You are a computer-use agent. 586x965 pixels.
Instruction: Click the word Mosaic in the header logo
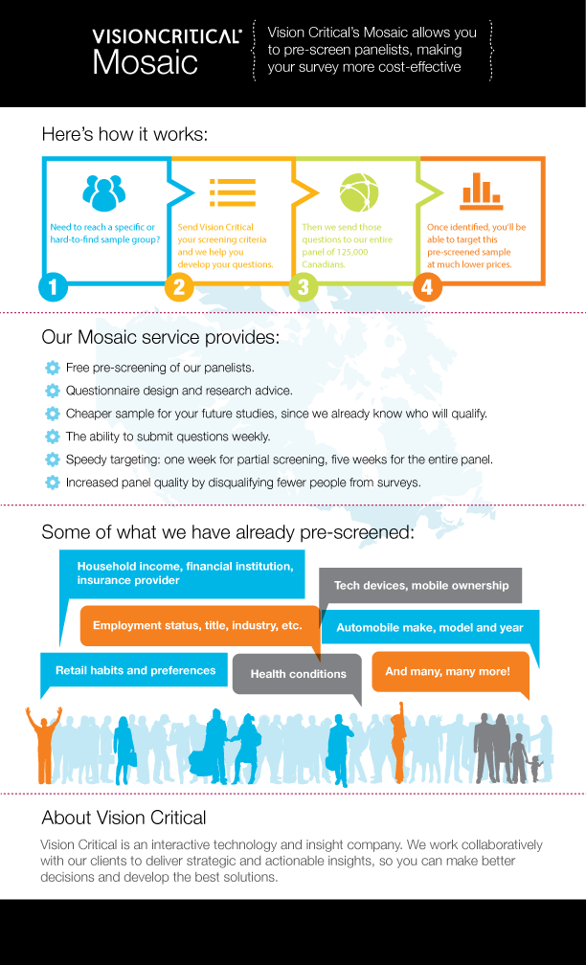(146, 63)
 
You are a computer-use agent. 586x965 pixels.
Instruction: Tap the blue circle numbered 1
(54, 287)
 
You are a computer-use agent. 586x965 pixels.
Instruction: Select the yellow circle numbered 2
(179, 287)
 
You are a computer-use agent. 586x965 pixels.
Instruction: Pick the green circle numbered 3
(303, 287)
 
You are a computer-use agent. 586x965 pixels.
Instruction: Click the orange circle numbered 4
(427, 287)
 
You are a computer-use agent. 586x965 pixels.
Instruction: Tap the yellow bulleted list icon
(231, 192)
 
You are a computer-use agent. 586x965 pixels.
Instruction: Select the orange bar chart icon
(482, 191)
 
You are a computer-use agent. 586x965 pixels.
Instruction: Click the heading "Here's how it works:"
(124, 135)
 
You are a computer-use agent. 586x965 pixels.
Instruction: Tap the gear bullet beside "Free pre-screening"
(52, 368)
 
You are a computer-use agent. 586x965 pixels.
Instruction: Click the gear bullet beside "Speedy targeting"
(52, 460)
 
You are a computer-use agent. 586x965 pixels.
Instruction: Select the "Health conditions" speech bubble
(298, 674)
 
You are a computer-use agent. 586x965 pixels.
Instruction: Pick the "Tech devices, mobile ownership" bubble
(420, 585)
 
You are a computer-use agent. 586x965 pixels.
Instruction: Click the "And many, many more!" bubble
(447, 672)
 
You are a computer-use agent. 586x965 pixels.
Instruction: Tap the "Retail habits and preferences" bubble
(135, 670)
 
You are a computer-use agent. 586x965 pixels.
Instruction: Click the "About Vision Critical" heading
(124, 818)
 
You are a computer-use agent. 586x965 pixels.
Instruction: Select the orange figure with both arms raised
(43, 742)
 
